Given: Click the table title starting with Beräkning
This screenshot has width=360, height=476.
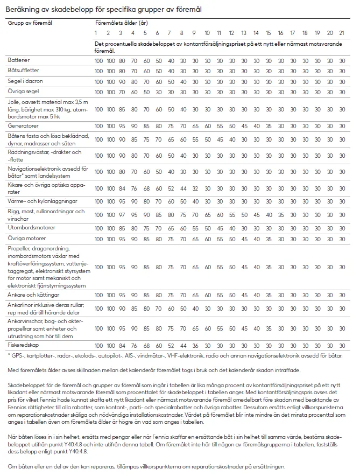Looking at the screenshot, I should pos(105,10).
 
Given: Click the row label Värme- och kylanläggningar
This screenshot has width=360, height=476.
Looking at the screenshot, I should pos(42,200).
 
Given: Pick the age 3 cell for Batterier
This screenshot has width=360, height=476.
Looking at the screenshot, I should pos(122,60).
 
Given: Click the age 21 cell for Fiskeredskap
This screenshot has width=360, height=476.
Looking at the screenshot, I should pos(342,345).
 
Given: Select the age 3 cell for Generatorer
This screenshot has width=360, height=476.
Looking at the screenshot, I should pos(122,126).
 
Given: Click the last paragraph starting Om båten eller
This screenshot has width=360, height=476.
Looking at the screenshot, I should pos(147,466).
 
